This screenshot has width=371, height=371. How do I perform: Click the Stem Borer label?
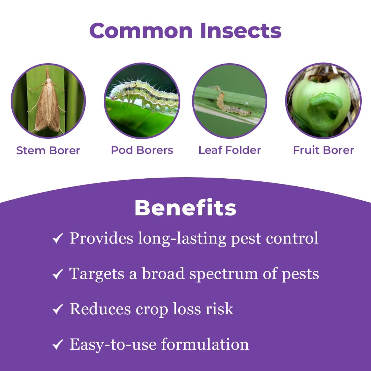pos(48,150)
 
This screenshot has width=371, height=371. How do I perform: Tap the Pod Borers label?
pos(142,150)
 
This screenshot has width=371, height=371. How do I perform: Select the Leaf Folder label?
pos(229,150)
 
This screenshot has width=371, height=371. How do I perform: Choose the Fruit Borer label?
pos(323,150)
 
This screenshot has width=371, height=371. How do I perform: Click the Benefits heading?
pos(185,208)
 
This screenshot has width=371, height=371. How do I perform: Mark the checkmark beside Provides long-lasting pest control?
pos(57,238)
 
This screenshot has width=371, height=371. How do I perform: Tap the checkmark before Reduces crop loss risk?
pos(57,310)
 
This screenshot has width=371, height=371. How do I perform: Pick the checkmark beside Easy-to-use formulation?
pos(57,345)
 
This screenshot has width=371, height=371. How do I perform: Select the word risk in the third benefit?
pos(220,309)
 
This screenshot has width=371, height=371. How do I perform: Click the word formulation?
pos(205,344)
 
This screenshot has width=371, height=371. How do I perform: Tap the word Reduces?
pos(100,309)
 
